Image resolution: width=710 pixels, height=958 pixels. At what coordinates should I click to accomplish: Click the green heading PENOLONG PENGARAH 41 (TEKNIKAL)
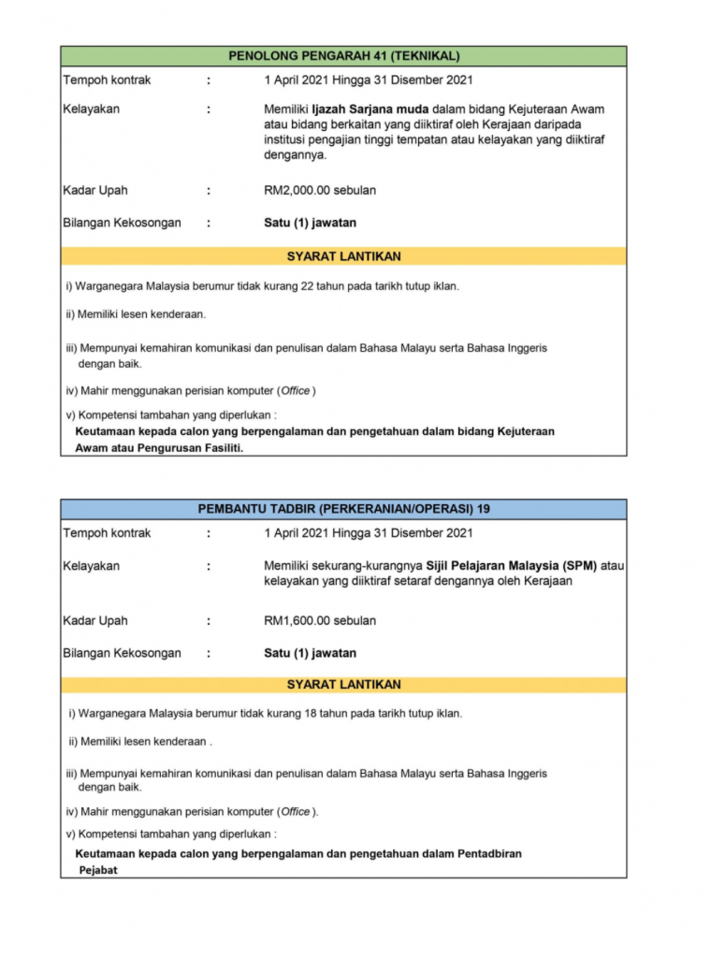343,56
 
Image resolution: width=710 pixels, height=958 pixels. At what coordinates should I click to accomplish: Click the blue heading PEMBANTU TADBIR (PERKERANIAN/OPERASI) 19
343,509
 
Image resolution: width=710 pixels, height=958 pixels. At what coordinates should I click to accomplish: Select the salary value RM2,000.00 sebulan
320,191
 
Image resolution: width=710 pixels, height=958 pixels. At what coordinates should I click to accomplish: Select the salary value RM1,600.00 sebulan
320,620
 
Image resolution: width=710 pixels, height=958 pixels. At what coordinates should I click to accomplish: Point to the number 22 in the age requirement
308,286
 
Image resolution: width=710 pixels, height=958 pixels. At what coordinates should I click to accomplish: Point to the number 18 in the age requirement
312,714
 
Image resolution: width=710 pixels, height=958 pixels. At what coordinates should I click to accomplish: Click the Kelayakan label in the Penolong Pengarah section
91,109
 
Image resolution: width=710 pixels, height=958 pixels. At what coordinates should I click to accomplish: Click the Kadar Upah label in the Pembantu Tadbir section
94,620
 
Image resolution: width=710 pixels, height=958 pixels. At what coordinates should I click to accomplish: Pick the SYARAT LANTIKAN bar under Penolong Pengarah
343,256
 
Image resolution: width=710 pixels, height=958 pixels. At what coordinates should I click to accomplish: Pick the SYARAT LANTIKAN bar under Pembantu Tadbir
343,685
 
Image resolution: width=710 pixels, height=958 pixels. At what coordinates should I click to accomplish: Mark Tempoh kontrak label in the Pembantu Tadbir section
107,533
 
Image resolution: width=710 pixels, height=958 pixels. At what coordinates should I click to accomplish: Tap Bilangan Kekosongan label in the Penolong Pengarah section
122,224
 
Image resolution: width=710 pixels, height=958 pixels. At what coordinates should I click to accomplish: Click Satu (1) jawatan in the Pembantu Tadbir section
310,653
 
